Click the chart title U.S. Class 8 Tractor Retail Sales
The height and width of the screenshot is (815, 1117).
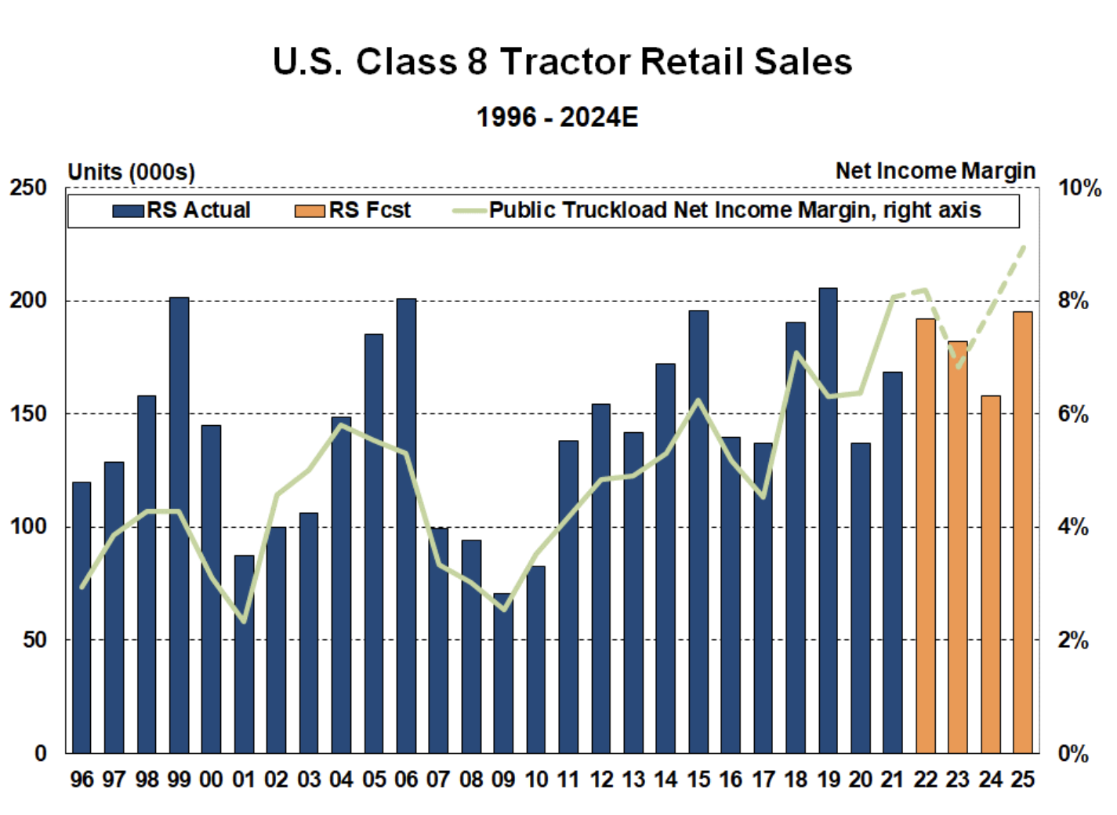pos(562,62)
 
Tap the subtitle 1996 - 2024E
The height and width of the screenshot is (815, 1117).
pos(557,118)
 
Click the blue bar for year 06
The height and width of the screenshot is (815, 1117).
pos(406,525)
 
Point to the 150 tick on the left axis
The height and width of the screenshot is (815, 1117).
pos(29,413)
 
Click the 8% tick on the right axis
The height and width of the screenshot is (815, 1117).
pos(1073,300)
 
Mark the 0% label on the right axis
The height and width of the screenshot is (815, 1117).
pos(1073,754)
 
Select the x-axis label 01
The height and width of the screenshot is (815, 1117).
pos(244,780)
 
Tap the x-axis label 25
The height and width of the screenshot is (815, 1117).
pos(1023,780)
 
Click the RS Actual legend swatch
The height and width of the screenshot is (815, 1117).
pos(129,211)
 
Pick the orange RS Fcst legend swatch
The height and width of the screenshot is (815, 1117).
pos(310,211)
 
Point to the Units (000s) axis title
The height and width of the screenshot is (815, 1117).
pos(131,172)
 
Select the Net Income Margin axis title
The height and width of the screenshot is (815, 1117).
pos(935,171)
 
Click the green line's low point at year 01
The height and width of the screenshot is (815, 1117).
pos(244,621)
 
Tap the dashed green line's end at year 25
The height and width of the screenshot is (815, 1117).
pos(1023,248)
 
